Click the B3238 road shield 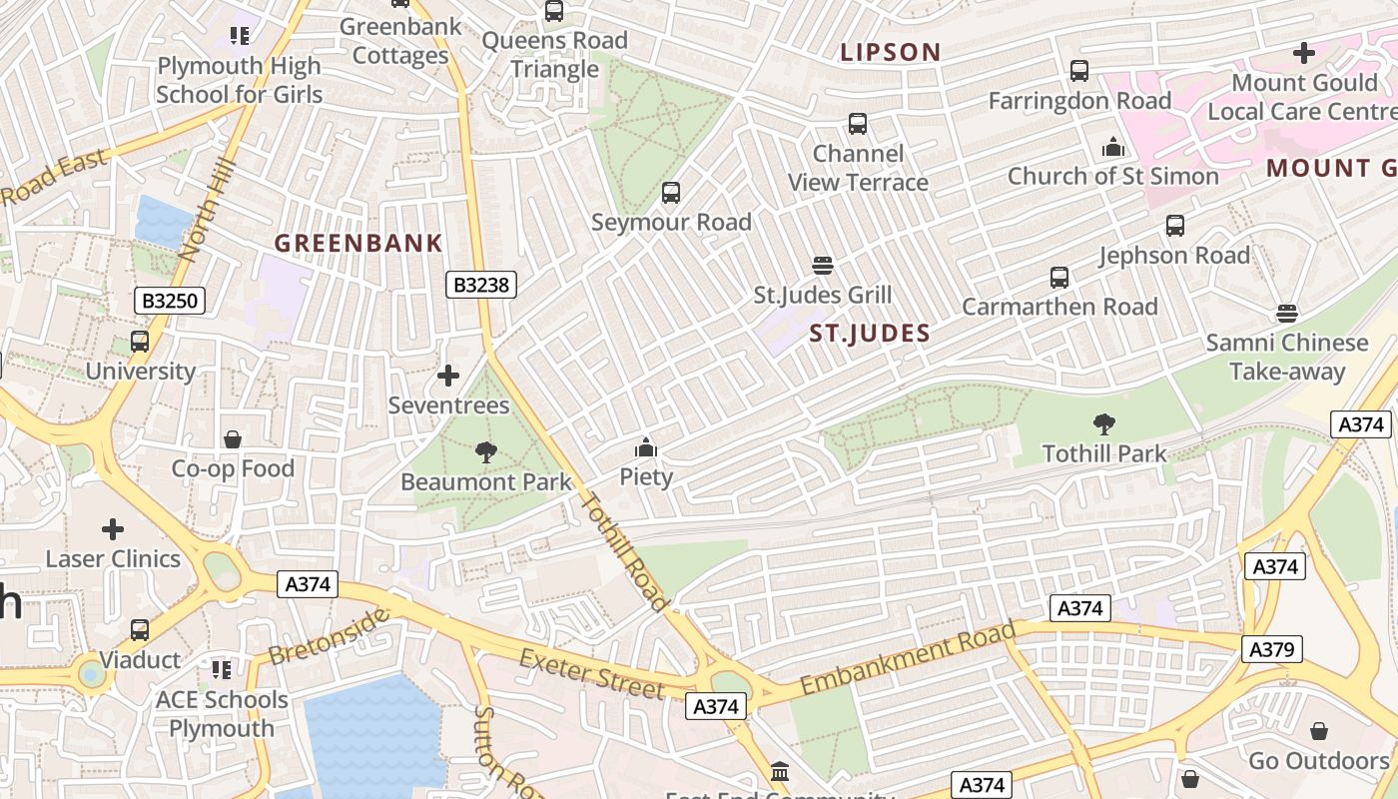pos(481,286)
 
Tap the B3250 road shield pos(170,301)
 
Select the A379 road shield pos(1272,649)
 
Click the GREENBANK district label pos(358,243)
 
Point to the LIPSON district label pos(891,52)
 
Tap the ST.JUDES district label pos(870,334)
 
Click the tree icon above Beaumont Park pos(486,452)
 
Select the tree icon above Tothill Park pos(1104,424)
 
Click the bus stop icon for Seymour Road pos(671,193)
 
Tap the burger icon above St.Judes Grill pos(823,266)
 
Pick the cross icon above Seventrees pos(448,376)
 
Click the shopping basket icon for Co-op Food pos(233,439)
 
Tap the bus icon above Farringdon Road pos(1079,71)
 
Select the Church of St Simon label pos(1112,176)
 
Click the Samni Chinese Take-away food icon pos(1287,314)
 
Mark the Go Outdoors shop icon pos(1319,731)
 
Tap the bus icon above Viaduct pos(140,630)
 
